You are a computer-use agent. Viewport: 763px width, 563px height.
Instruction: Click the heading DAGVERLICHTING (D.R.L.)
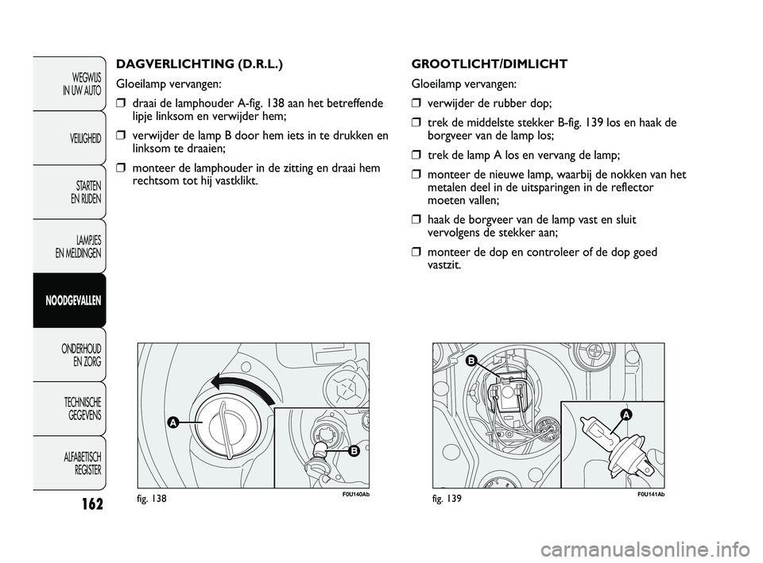pos(199,64)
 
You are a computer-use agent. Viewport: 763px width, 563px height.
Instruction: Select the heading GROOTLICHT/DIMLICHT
pos(489,64)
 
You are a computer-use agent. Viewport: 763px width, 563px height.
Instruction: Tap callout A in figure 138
pos(172,422)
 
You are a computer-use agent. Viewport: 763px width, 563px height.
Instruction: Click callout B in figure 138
pos(354,451)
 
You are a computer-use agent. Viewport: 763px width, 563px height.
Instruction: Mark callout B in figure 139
pos(470,361)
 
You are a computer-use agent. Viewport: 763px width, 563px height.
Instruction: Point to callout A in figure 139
pos(626,414)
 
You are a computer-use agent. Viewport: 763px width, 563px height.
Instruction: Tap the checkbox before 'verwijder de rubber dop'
pos(415,103)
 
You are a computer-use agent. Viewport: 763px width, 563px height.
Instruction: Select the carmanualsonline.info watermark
pos(646,550)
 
